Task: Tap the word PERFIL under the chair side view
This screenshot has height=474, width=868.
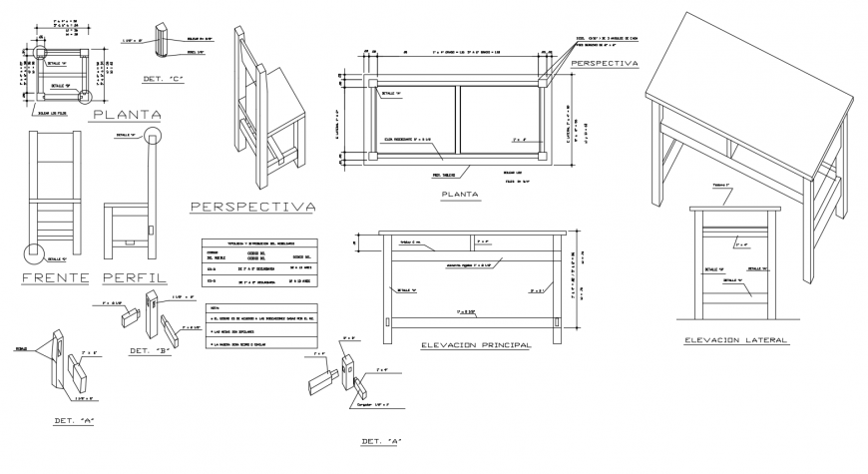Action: (135, 276)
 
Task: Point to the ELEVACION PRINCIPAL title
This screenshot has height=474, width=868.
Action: (476, 345)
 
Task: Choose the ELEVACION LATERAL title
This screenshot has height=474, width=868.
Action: (735, 340)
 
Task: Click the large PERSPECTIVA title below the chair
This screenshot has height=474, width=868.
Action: (251, 207)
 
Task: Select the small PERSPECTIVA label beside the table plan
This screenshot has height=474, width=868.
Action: (604, 63)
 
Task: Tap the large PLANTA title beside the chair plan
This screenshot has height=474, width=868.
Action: (127, 115)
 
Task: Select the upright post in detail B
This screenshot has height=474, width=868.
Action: (151, 313)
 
